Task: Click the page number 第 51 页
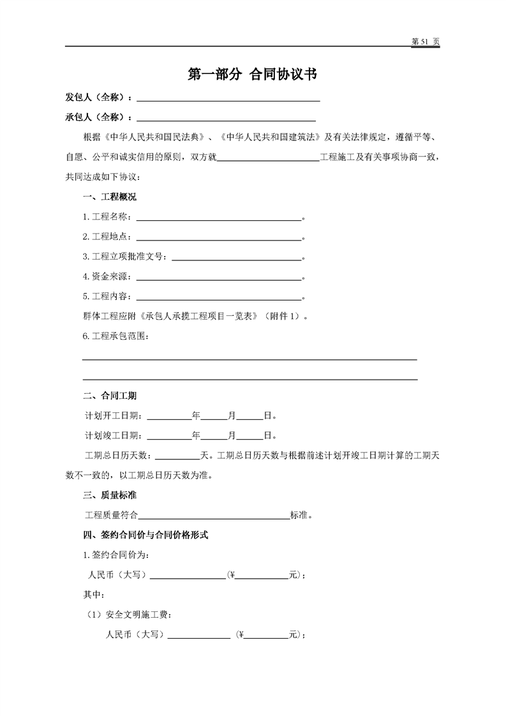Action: (426, 41)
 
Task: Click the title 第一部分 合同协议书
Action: (253, 75)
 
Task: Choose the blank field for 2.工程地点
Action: (218, 237)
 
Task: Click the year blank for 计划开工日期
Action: (170, 416)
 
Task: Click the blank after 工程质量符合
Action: (214, 515)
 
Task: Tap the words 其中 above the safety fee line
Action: (93, 595)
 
